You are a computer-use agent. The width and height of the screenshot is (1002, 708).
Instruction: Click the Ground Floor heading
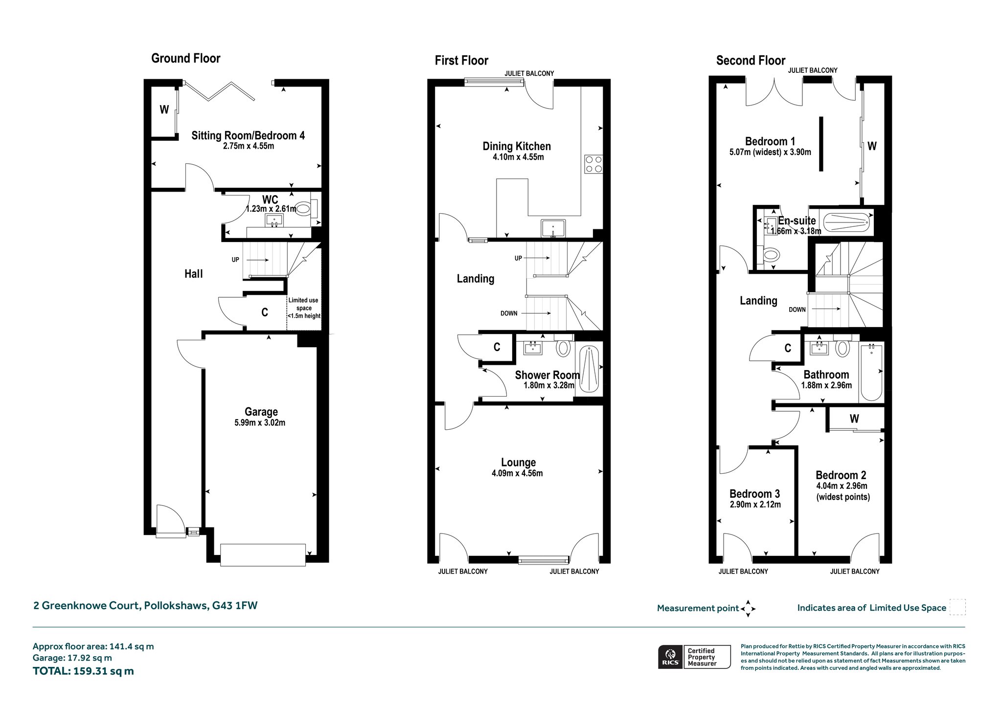coord(186,59)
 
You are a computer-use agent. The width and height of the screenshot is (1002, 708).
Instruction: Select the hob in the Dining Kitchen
coord(593,164)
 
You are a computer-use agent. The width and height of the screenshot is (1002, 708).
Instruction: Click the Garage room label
coord(261,412)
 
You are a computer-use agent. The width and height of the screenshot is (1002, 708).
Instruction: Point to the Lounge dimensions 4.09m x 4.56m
coord(517,473)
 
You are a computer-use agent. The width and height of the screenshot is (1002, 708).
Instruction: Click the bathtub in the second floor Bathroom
coord(871,372)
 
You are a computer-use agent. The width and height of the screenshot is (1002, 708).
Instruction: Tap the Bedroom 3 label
coord(754,494)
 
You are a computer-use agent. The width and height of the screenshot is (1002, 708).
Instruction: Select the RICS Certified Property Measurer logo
coord(694,657)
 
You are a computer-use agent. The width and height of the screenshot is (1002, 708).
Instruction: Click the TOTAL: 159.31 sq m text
coord(83,671)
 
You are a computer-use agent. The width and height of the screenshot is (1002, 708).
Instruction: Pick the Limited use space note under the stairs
coord(304,308)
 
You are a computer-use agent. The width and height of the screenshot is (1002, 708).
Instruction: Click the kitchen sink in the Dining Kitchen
coord(553,228)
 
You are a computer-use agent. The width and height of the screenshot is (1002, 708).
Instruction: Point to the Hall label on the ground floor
coord(194,274)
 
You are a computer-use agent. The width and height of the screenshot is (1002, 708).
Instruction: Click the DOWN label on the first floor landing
coord(509,313)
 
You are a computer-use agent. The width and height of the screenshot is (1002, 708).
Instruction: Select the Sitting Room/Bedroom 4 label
coord(248,135)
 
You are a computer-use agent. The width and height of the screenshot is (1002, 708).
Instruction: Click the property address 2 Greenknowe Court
coord(145,606)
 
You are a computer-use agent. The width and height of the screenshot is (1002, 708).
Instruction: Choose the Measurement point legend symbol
coord(748,609)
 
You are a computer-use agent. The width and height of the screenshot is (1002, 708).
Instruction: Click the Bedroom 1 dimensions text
coord(770,152)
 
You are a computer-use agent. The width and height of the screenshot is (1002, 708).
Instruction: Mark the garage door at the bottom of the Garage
coord(263,555)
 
